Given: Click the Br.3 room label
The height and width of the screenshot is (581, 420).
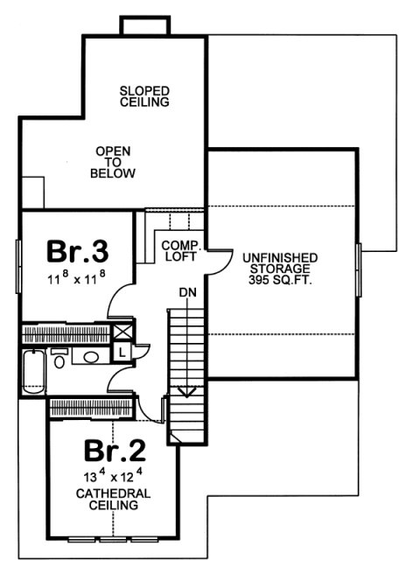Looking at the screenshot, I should [77, 252].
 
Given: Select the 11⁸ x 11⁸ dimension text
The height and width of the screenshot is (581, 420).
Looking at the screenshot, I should [77, 281].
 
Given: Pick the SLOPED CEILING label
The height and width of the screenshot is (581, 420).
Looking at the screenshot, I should [144, 96].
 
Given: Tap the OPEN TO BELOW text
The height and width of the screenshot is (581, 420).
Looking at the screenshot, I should [113, 163].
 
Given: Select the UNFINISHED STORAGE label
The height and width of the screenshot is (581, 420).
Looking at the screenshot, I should [280, 263].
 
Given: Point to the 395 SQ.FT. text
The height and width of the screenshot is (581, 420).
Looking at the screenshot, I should [280, 283].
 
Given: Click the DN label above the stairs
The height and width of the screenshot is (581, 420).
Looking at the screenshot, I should [185, 292].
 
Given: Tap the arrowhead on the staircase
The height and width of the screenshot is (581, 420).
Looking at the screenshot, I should [185, 392].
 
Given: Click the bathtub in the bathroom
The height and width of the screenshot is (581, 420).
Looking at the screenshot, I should [33, 371].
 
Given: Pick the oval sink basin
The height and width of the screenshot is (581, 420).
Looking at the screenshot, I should [91, 357].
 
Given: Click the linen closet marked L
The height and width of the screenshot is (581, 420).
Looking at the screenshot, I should [121, 350].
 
